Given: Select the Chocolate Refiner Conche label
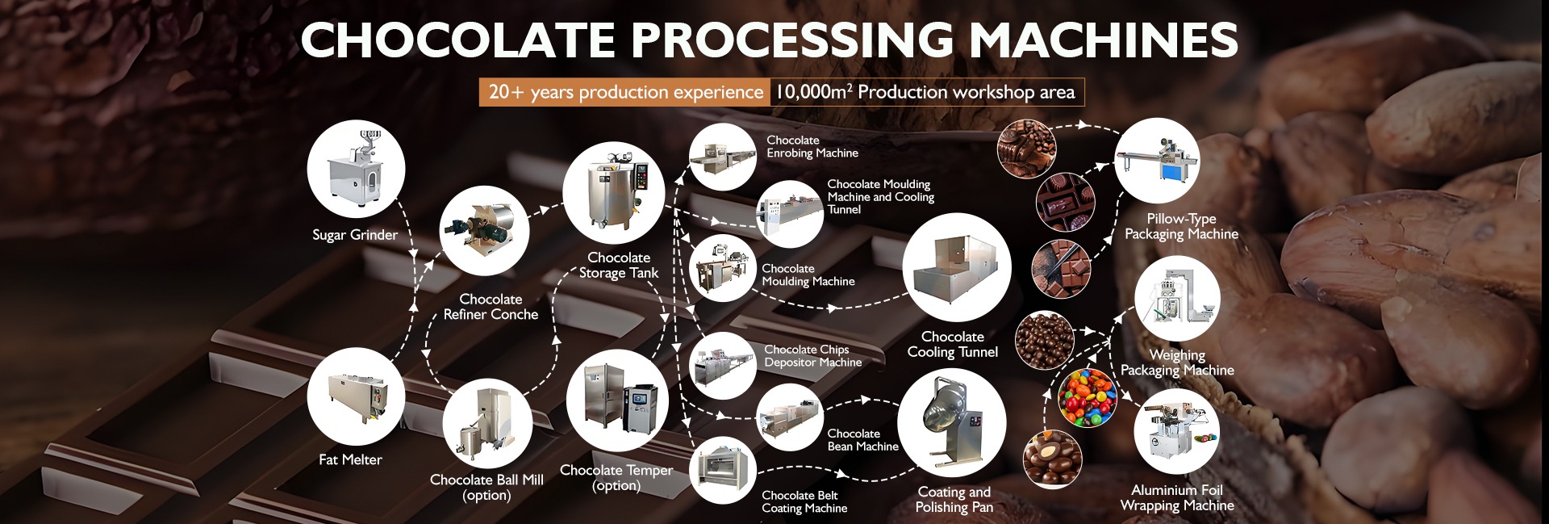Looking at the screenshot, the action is click(x=491, y=307).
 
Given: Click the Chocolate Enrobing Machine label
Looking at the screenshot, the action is click(x=812, y=146).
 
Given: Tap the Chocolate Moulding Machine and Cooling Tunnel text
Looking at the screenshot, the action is click(x=880, y=196).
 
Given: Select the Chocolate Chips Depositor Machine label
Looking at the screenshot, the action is click(x=812, y=356).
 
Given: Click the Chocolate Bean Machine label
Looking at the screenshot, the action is click(x=862, y=440).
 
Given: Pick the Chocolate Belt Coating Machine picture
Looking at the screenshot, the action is click(x=721, y=470).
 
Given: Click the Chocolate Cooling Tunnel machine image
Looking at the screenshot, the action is click(x=956, y=267).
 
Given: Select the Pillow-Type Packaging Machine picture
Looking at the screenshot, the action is click(x=1157, y=161).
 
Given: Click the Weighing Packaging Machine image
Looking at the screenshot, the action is click(x=1177, y=299).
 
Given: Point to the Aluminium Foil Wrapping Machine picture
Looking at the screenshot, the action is click(x=1175, y=432).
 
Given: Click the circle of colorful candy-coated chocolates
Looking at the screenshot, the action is click(x=1086, y=398).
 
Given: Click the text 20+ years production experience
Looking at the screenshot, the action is click(x=625, y=92).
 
